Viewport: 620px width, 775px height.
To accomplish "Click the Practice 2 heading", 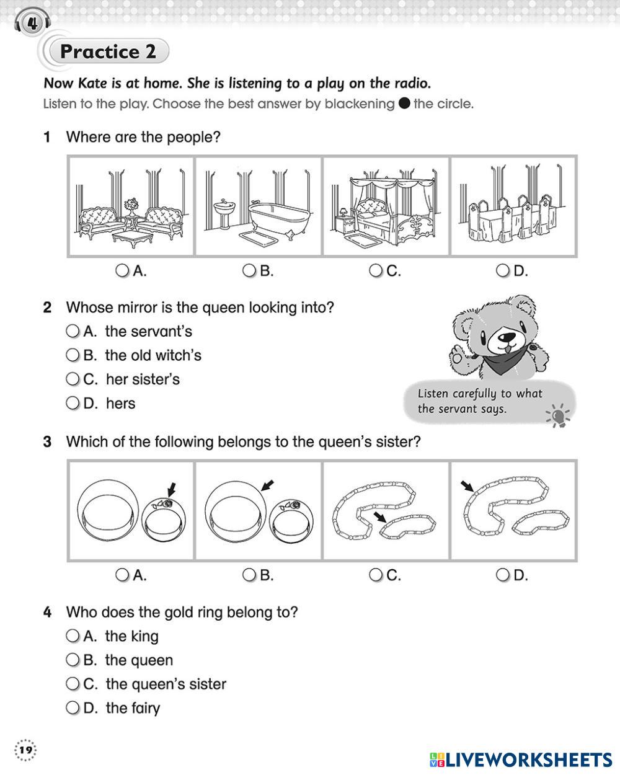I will point(108,51).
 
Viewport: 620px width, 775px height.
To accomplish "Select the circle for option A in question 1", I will point(123,270).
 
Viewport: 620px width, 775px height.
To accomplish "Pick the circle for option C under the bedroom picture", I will point(376,270).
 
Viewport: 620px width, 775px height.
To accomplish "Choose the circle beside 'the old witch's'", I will point(73,355).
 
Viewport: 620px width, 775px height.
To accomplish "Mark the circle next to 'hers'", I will point(73,403).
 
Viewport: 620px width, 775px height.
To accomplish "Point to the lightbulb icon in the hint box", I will point(559,415).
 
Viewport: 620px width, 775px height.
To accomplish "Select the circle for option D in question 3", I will point(503,575).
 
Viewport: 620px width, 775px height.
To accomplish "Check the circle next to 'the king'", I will point(73,636).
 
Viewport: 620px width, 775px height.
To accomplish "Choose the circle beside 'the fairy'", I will point(73,707).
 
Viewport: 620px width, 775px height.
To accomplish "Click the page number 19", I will point(25,751).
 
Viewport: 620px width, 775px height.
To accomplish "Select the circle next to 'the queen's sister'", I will point(73,684).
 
